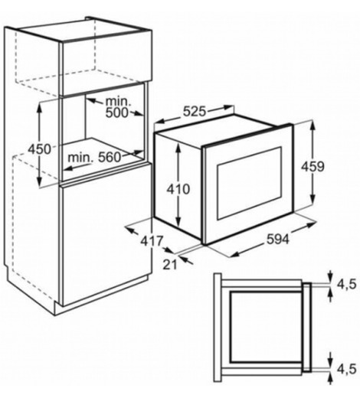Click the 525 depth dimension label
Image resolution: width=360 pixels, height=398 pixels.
coord(195,111)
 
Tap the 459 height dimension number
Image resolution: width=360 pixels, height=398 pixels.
coord(313,167)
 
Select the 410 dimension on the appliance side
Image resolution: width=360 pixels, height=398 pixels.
coord(178,189)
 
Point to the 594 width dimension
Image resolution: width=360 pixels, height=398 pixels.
coord(277,239)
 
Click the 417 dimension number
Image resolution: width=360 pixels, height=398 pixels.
coord(152,241)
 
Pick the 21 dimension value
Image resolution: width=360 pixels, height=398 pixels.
coord(170,265)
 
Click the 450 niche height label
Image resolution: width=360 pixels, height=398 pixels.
coord(40,148)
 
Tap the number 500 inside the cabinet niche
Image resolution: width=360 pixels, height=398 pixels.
coord(116,113)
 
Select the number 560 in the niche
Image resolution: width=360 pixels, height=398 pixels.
coord(110,157)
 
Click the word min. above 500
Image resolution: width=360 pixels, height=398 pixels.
coord(118,102)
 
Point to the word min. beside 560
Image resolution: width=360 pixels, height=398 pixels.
coord(80,158)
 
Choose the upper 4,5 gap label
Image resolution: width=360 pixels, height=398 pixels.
coord(346,284)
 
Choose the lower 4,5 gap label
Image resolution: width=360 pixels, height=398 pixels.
coord(346,369)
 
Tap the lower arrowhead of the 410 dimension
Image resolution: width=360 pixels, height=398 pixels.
coord(178,221)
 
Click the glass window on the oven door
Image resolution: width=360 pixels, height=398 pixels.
coord(249,183)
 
